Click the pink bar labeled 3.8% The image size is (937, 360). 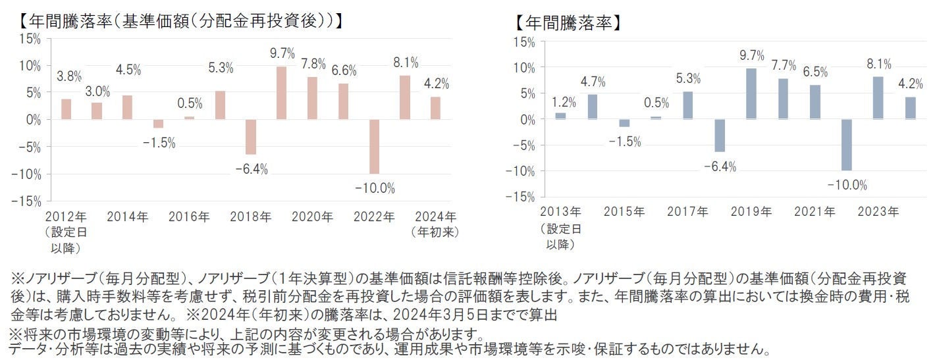(66, 109)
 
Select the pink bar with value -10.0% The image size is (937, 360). (374, 147)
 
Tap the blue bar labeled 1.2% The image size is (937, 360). (560, 116)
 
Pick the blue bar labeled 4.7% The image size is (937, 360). (592, 107)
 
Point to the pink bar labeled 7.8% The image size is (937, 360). (312, 98)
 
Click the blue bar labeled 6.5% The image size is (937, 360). (815, 102)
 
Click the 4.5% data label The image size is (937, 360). (128, 70)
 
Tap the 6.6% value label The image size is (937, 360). (343, 70)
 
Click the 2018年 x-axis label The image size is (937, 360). (251, 217)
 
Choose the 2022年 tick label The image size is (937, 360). (374, 217)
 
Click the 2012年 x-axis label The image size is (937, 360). (66, 217)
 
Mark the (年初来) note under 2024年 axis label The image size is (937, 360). (435, 232)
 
